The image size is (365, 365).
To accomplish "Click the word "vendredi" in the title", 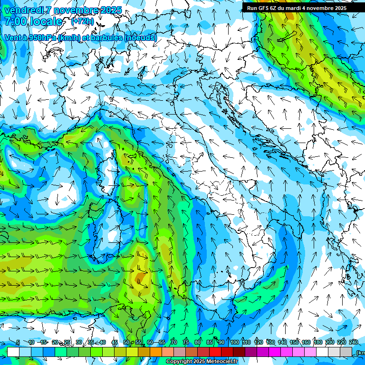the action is (x=23, y=10).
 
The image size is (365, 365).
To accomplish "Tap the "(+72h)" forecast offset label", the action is (x=82, y=21).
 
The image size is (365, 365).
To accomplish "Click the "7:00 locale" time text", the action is (x=33, y=21).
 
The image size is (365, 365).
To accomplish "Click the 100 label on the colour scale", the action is (x=234, y=343).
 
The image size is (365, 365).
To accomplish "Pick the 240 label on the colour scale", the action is (x=353, y=343).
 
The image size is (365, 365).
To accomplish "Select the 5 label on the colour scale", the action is (x=18, y=343).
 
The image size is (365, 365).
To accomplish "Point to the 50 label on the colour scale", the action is (x=126, y=343).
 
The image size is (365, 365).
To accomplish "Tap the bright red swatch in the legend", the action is (x=215, y=352).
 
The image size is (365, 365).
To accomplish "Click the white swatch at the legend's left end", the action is (x=13, y=352).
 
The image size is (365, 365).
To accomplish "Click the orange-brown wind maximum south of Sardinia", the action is (x=140, y=276).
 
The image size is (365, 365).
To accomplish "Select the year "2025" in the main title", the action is (x=111, y=10).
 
